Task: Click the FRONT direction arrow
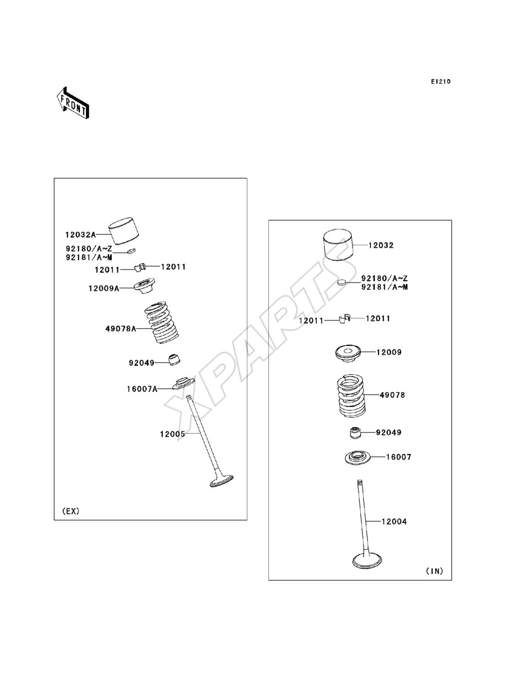point(73,103)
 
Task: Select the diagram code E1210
point(440,82)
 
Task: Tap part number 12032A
point(80,235)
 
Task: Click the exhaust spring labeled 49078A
point(162,322)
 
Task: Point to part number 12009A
point(103,289)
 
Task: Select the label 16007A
point(142,389)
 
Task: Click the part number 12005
point(173,434)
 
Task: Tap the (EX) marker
point(71,511)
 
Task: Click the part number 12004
point(394,521)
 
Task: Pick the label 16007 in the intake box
point(398,457)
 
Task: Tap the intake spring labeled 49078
point(352,396)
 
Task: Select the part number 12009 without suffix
point(389,352)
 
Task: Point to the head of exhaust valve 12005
point(222,481)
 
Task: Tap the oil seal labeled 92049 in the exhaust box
point(174,359)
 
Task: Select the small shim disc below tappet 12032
point(341,282)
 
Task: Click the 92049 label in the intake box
point(388,432)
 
